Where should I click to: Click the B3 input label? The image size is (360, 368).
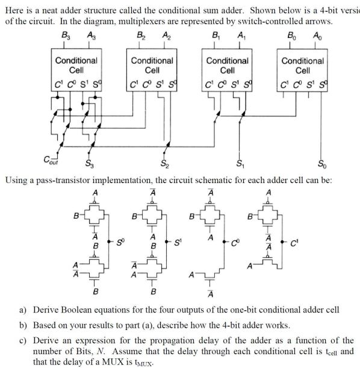click(x=64, y=35)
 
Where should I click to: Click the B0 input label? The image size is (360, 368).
click(x=291, y=35)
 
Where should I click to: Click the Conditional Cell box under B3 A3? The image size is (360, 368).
click(x=76, y=70)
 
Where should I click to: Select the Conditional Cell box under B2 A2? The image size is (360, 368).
click(x=152, y=70)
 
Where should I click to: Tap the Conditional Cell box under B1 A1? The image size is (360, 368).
click(x=227, y=70)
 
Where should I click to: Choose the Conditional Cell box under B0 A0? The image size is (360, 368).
click(x=302, y=70)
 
